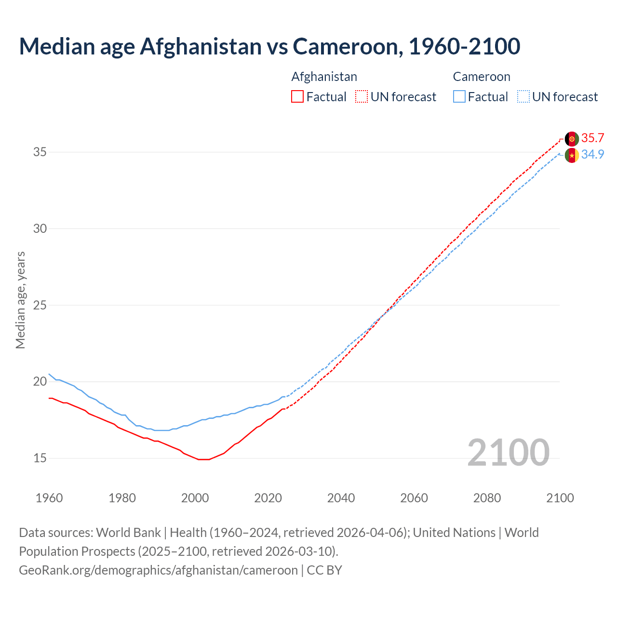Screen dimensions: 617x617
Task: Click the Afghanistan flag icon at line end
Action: point(572,139)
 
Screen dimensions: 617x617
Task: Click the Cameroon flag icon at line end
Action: point(572,155)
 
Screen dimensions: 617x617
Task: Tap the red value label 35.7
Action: point(592,138)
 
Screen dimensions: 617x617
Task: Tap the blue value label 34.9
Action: point(592,155)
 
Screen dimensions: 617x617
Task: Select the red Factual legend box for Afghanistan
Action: point(297,97)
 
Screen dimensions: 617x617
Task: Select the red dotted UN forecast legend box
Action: point(362,97)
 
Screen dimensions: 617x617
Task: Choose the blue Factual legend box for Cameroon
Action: point(459,97)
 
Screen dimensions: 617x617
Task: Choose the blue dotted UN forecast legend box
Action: point(523,97)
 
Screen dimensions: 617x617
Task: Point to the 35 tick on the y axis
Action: point(40,152)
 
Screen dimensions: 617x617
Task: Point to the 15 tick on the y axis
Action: point(40,458)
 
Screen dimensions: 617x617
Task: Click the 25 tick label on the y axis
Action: point(40,306)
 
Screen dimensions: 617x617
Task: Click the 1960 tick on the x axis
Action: point(49,498)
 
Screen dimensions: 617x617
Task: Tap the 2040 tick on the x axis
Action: point(341,498)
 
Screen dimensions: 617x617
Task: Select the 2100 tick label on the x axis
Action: point(560,498)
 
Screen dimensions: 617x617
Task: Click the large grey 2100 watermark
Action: point(508,453)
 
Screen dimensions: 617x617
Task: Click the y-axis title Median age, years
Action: point(20,300)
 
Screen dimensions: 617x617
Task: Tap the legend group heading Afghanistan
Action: point(324,77)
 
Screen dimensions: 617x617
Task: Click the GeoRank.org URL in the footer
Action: point(158,570)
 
